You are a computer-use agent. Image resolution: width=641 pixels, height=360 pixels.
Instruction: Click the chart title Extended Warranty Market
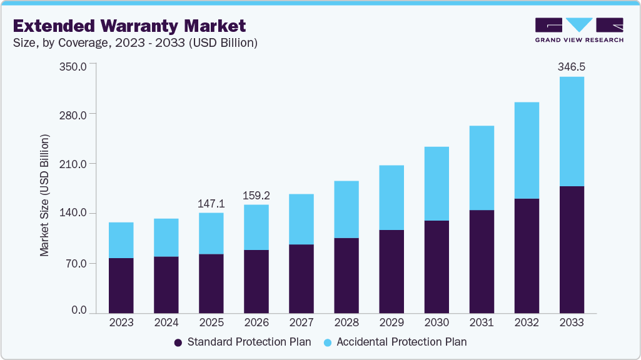129,26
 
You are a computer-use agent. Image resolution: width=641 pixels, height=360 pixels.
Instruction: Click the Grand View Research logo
579,30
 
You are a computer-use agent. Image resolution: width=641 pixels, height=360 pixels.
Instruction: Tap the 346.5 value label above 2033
571,67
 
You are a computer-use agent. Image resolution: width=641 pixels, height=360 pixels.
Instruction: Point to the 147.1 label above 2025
211,204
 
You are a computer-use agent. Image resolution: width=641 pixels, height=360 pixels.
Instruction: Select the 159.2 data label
256,196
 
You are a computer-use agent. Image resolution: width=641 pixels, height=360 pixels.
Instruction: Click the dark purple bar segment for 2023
121,285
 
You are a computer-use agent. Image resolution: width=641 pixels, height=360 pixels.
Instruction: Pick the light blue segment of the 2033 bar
571,131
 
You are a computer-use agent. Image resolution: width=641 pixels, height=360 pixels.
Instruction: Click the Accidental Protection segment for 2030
436,184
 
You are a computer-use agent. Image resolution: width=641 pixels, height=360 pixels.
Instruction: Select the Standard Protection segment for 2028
346,275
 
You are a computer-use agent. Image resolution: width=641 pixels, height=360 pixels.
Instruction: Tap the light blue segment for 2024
166,237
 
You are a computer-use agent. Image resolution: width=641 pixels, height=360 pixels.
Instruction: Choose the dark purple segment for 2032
526,256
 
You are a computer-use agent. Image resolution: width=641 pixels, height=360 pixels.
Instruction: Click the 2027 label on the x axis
301,322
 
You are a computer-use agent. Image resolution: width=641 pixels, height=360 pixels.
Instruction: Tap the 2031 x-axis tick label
481,322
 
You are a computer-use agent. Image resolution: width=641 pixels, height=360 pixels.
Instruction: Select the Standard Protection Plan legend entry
243,342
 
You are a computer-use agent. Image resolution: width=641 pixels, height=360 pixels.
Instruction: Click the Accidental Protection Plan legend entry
395,342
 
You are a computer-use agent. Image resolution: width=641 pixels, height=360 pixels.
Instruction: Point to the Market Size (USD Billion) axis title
44,195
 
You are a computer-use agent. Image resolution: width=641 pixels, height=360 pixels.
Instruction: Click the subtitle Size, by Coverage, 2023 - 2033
135,43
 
